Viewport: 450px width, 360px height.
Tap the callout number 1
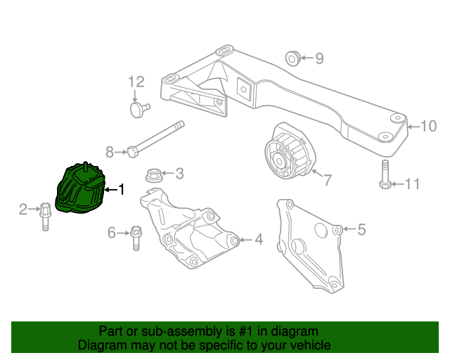point(121,189)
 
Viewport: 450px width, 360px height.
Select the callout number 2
point(22,209)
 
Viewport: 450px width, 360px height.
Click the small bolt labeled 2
point(44,215)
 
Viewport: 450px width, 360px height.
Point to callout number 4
point(259,240)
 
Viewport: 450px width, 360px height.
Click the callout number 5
point(362,229)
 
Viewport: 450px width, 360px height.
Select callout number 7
point(328,180)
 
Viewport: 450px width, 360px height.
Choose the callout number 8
point(109,151)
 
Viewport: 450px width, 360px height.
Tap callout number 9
point(319,59)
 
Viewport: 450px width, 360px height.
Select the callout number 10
point(428,127)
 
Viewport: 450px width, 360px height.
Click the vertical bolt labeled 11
point(385,176)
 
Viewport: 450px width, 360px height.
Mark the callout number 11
point(412,184)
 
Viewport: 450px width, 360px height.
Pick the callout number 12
point(136,82)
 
